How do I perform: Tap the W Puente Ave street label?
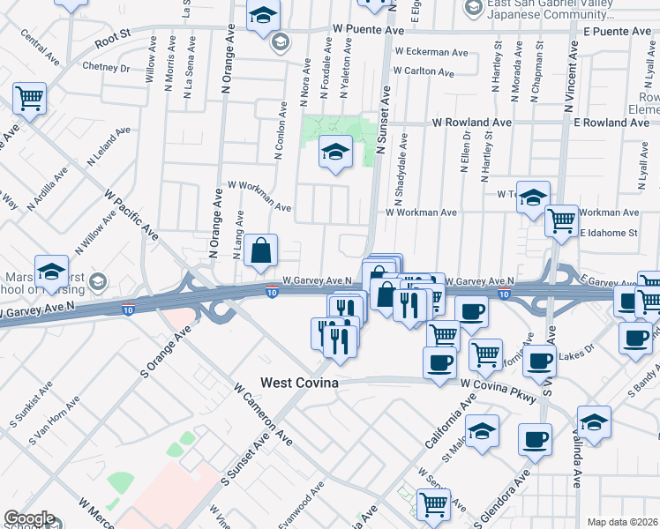pyautogui.click(x=368, y=29)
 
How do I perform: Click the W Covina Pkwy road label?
pyautogui.click(x=499, y=390)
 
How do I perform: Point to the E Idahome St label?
pyautogui.click(x=608, y=233)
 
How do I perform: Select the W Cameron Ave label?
pyautogui.click(x=263, y=413)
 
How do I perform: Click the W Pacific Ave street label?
pyautogui.click(x=131, y=213)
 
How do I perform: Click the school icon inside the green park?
pyautogui.click(x=335, y=153)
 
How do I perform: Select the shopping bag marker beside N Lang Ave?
pyautogui.click(x=262, y=251)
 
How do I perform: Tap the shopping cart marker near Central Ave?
pyautogui.click(x=29, y=99)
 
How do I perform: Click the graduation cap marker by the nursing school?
pyautogui.click(x=51, y=272)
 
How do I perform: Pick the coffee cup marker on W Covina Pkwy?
pyautogui.click(x=439, y=362)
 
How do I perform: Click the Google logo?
pyautogui.click(x=29, y=518)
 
